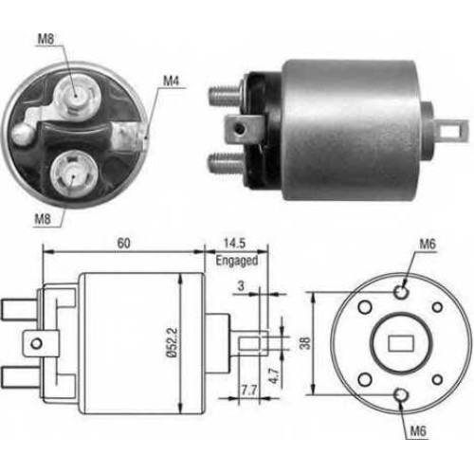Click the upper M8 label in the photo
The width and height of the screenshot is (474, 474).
click(x=46, y=39)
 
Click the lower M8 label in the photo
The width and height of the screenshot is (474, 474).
click(x=43, y=219)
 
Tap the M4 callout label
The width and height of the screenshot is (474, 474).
click(x=171, y=82)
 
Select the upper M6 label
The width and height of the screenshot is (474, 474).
click(x=428, y=244)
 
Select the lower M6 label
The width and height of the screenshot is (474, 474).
click(x=418, y=431)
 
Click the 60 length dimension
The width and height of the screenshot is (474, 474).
click(x=123, y=244)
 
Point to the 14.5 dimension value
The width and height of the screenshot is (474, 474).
click(x=234, y=244)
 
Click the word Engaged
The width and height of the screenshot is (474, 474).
click(x=237, y=261)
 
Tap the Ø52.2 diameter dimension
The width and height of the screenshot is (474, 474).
click(x=173, y=342)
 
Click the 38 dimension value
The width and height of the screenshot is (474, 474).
click(x=305, y=343)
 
